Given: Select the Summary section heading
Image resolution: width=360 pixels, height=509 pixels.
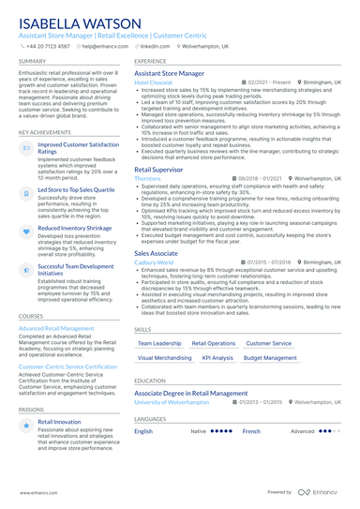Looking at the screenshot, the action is pos(33,62).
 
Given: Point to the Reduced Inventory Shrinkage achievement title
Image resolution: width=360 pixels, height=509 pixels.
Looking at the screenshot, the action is pos(76,228).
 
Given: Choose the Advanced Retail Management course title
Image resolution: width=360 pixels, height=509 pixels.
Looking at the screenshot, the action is pos(56,329).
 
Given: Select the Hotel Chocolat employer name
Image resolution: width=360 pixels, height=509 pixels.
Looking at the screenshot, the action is pos(154,82).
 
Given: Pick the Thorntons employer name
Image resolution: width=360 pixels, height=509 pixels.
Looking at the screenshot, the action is pos(148,177).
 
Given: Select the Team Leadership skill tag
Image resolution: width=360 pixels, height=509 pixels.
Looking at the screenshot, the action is pos(159,343).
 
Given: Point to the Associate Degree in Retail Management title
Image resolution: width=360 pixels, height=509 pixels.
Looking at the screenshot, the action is pos(191,393).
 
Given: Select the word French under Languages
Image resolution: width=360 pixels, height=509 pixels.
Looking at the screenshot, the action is pos(251,431).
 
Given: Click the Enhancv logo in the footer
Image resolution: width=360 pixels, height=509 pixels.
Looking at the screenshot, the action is pos(321,491).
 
